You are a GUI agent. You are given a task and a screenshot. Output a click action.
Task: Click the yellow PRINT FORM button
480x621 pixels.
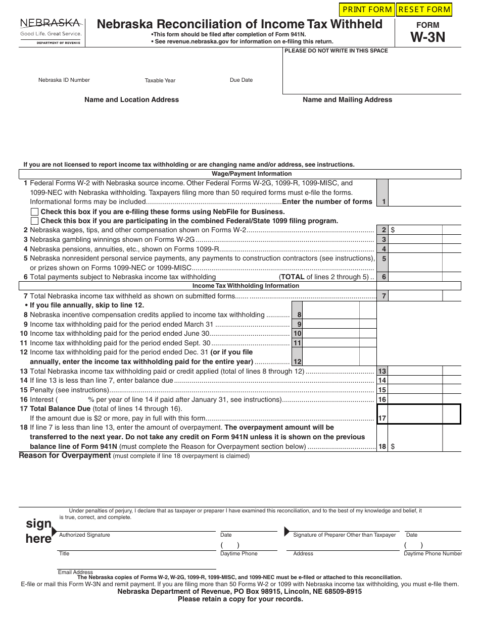pos(367,10)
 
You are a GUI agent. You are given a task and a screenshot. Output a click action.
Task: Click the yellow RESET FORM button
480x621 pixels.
pos(424,10)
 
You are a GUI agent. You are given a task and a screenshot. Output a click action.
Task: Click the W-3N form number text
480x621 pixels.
pos(427,37)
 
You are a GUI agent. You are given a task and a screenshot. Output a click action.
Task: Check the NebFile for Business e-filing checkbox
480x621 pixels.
pos(34,212)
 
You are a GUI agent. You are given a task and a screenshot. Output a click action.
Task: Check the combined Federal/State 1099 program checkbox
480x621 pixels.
pos(34,221)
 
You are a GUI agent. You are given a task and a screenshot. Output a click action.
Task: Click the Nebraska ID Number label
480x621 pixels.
pos(64,80)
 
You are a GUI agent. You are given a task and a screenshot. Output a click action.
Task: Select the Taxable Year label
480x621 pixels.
pos(160,80)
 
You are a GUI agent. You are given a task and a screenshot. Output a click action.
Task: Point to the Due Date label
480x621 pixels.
pos(241,80)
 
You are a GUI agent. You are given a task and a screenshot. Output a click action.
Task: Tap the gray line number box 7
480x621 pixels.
pos(383,296)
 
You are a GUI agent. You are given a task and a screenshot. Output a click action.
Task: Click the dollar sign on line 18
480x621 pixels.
pos(393,446)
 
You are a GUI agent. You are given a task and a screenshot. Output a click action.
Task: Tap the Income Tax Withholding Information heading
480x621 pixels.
pos(246,286)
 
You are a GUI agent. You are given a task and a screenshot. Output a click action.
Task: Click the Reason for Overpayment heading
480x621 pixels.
pos(65,455)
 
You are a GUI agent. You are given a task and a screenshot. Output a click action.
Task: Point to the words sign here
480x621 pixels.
pos(39,531)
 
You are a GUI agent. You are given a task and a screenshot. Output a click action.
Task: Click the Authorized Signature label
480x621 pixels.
pos(84,535)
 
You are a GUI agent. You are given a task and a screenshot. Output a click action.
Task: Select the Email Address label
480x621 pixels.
pos(75,572)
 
